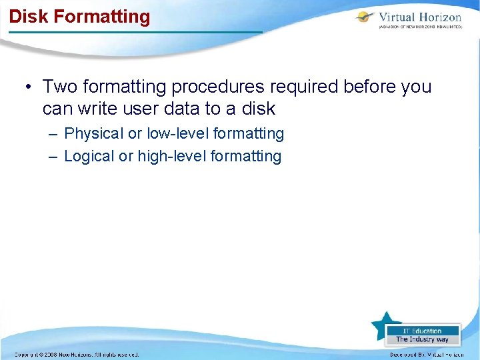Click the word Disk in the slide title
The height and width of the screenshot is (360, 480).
[x=27, y=16]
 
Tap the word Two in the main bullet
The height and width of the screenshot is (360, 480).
[x=60, y=87]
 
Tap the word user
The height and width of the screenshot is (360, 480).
[x=143, y=108]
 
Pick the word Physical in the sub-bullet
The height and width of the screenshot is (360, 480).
[x=93, y=134]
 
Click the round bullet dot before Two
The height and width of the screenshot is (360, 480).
[x=28, y=87]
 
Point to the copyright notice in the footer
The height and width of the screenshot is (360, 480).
[x=76, y=355]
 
